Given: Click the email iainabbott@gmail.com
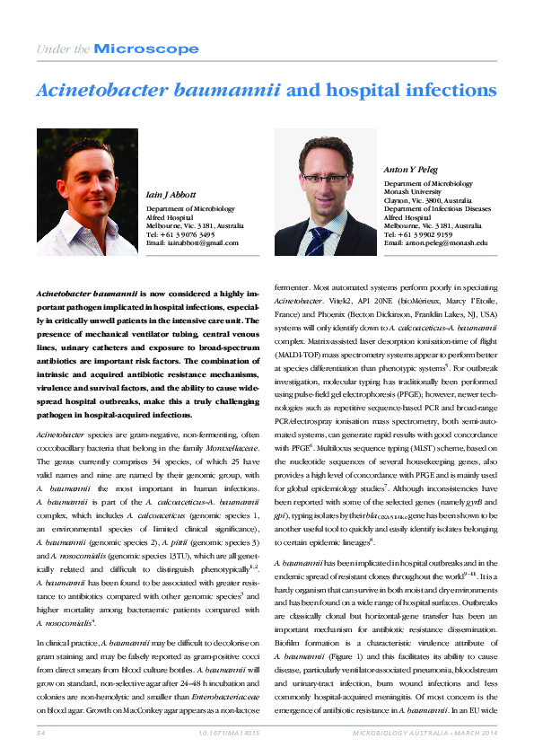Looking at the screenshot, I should point(192,243).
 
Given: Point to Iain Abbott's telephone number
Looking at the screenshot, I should point(180,235).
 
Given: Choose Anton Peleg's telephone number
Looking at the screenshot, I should point(422,235).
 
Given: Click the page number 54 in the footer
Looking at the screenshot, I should point(41,734).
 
